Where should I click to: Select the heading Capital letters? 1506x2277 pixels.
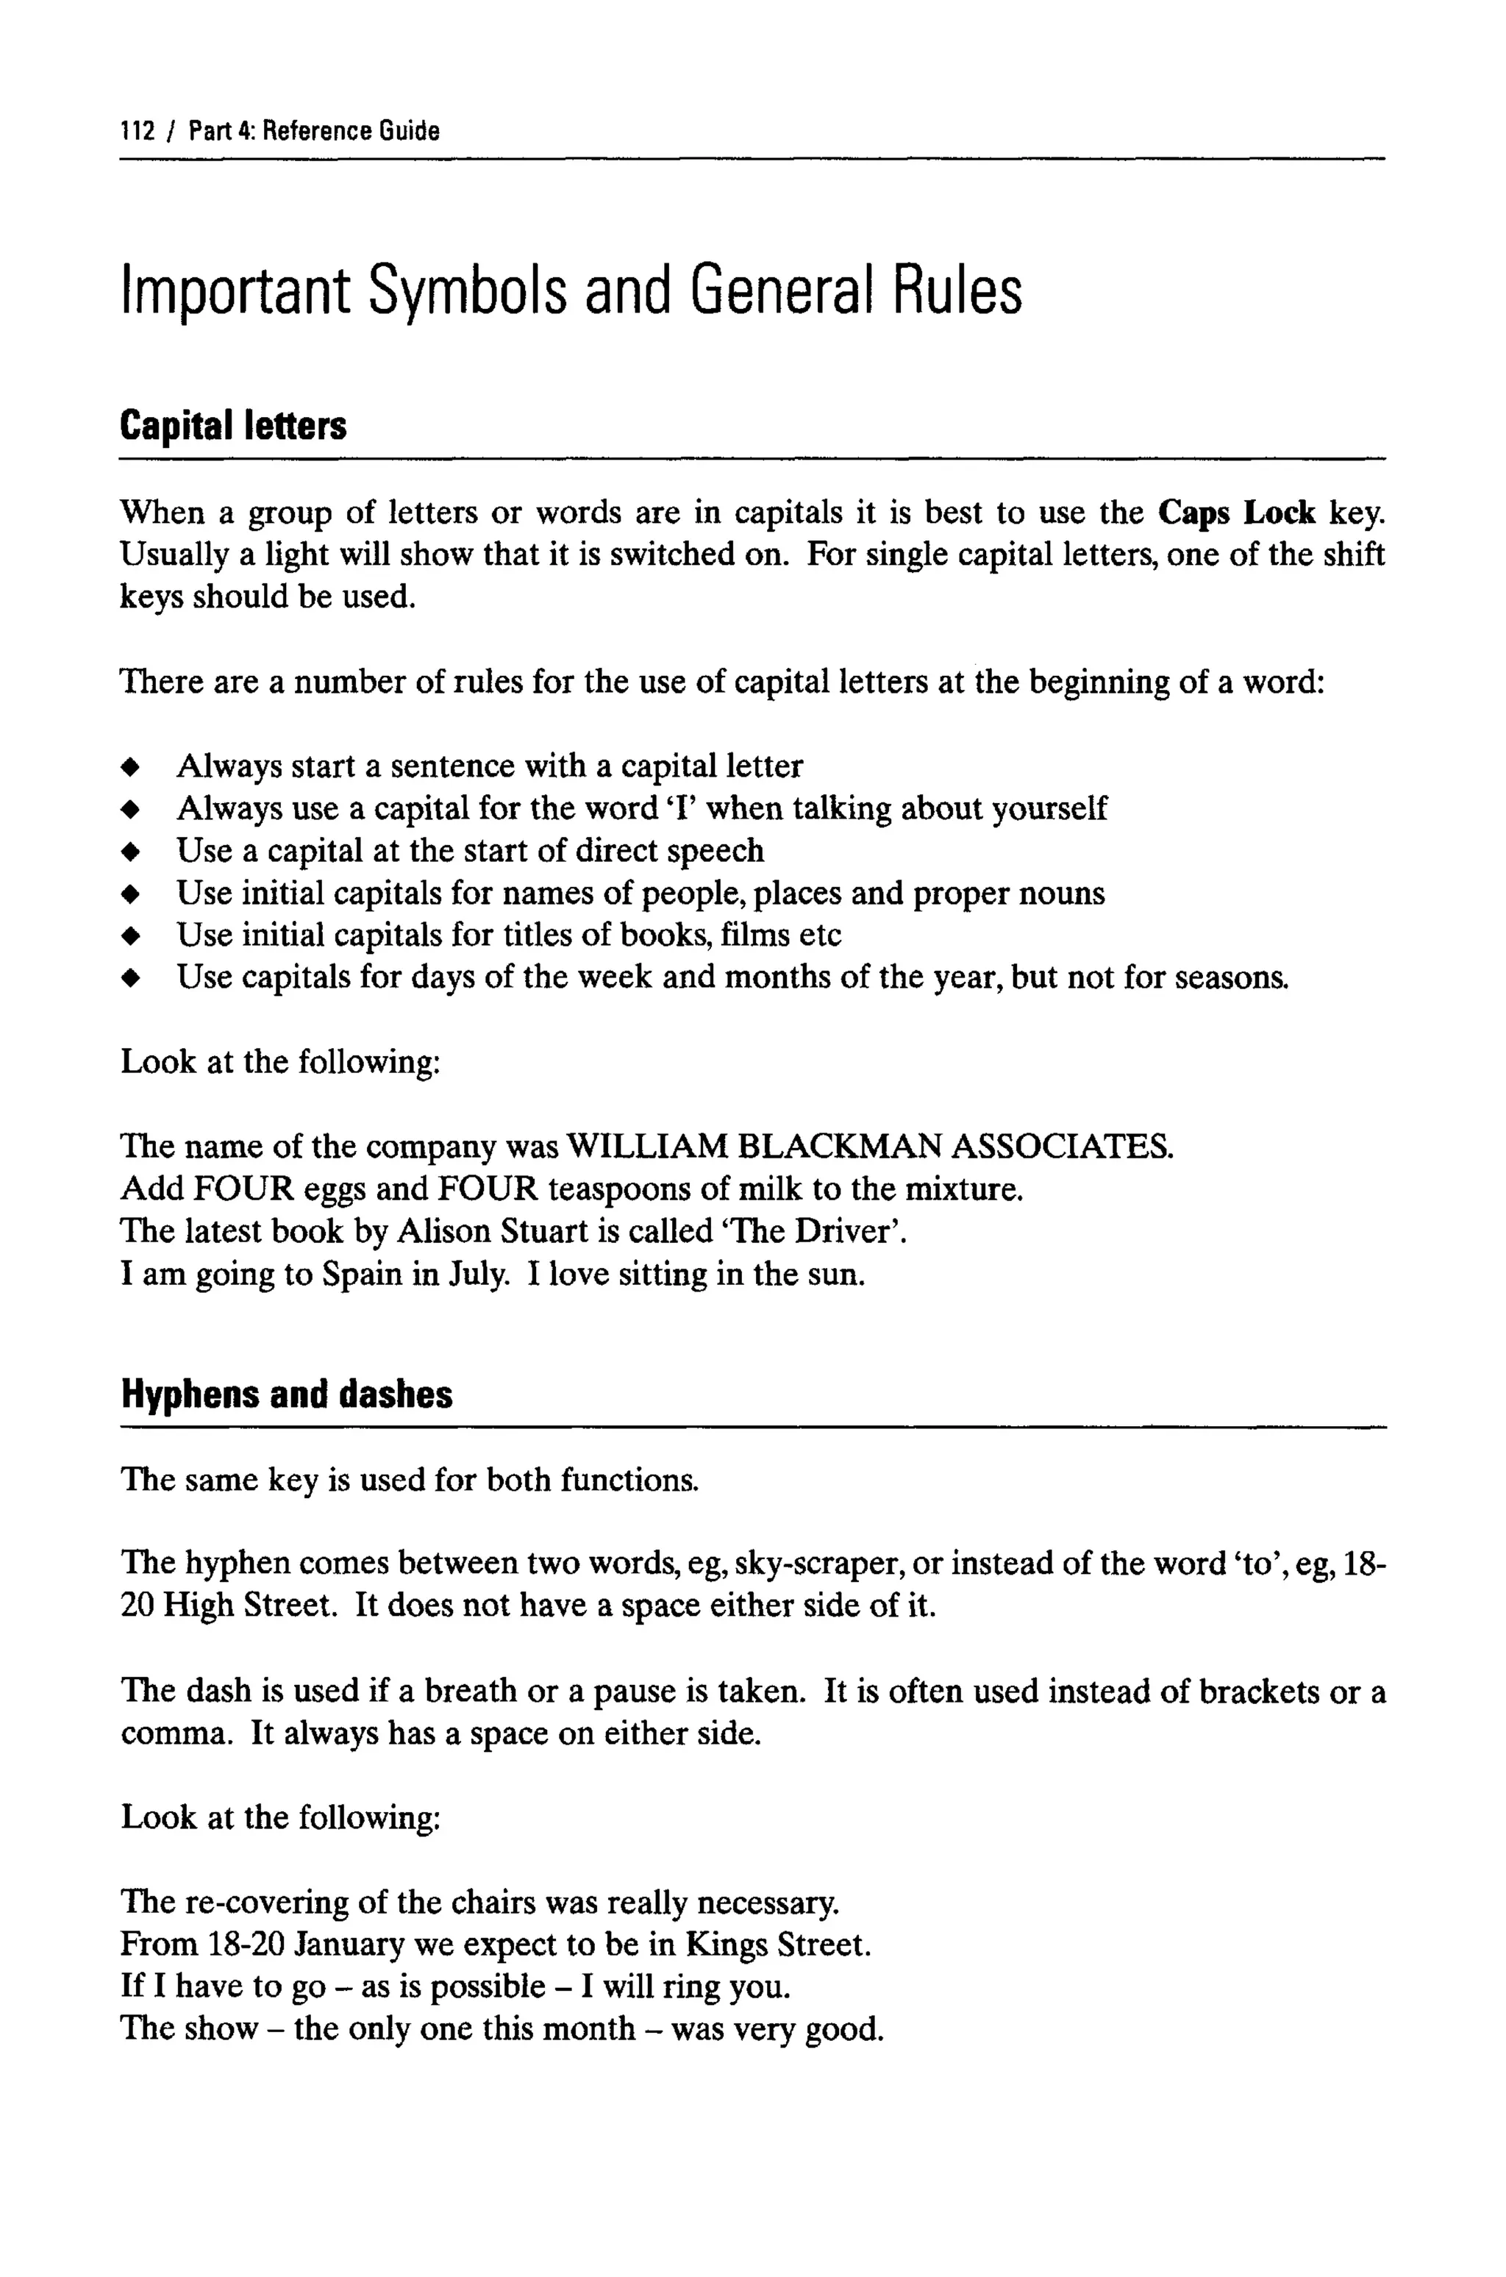232,425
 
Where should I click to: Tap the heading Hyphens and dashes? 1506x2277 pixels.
286,1394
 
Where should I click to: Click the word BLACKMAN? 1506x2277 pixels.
838,1147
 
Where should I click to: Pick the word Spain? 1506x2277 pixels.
361,1275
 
